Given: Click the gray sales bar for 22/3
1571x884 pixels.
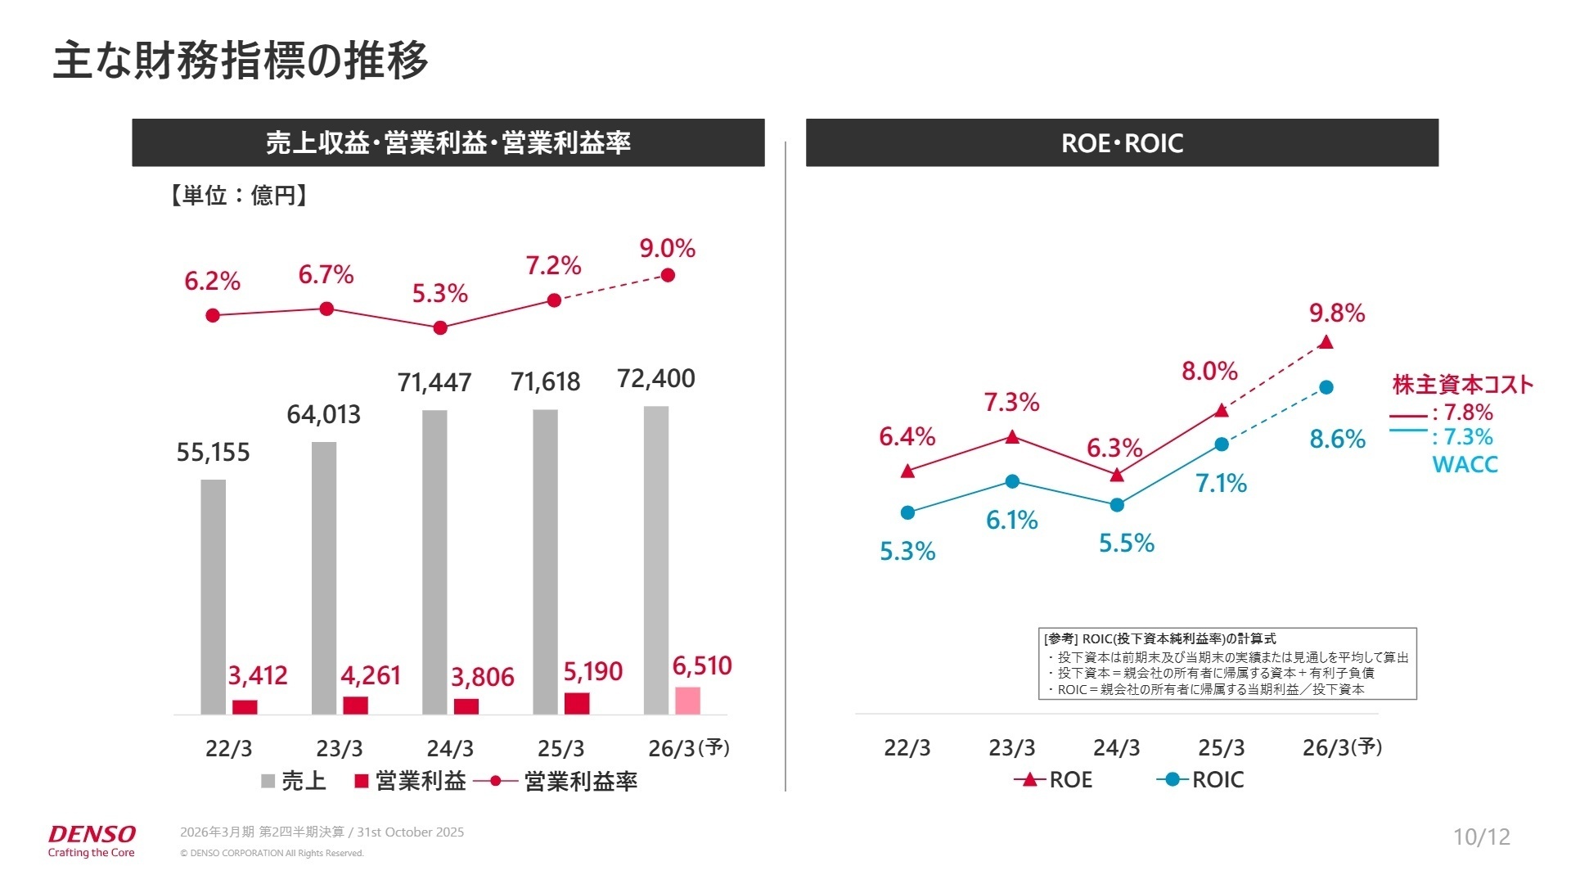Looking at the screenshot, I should (x=213, y=597).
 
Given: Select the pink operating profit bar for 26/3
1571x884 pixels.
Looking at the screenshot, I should (x=687, y=701).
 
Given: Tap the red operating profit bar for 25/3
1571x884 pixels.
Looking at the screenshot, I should (x=577, y=704).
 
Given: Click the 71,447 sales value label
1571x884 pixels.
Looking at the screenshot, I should (x=434, y=382).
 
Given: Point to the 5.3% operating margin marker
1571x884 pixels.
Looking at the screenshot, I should (x=440, y=328).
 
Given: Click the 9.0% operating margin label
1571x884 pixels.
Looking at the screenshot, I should (x=668, y=249).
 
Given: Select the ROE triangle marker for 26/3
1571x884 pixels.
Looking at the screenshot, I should (x=1326, y=342).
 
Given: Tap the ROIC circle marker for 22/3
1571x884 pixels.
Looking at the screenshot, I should (x=907, y=513).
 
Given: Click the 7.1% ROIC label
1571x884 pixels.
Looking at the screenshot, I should (x=1221, y=484).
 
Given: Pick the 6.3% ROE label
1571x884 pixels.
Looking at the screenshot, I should (x=1114, y=449).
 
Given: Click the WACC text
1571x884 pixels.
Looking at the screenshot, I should (x=1465, y=465).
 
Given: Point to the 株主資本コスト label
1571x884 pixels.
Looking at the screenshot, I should (x=1462, y=385).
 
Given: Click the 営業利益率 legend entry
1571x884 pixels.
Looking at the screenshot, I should (x=556, y=782).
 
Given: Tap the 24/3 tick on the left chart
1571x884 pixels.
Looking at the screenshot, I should (x=450, y=748).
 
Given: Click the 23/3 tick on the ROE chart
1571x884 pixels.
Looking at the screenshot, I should (x=1012, y=747).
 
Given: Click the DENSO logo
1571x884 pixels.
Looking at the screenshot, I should (x=92, y=835).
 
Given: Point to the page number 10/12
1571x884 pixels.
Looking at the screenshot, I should (x=1481, y=837).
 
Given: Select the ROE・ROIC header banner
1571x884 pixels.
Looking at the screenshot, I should (x=1122, y=143).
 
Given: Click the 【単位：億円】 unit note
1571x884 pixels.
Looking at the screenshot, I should (x=238, y=196).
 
